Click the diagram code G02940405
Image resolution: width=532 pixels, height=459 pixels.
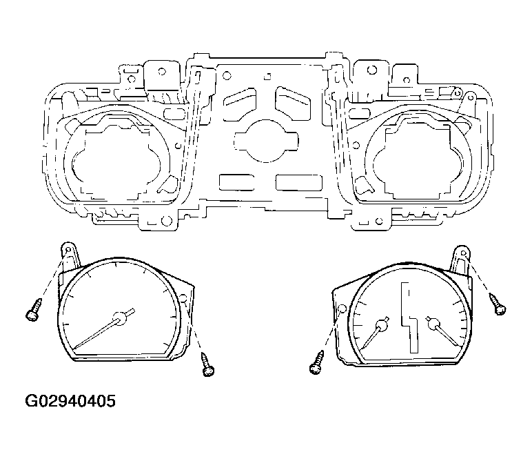tap(70, 401)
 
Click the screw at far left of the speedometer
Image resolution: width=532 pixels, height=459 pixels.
tap(34, 309)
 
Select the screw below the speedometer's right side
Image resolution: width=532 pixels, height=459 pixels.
tap(207, 364)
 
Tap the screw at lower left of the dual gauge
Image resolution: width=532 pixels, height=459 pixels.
tap(316, 363)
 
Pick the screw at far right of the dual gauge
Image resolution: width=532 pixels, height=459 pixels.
tap(498, 304)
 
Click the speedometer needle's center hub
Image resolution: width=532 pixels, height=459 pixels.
tap(119, 319)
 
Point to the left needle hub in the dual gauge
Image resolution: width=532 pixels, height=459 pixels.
tap(382, 326)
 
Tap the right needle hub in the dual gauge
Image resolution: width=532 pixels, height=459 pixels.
tap(433, 325)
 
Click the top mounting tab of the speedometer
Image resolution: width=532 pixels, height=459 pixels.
tap(70, 254)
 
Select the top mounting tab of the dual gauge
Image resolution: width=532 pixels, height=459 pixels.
tap(460, 258)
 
